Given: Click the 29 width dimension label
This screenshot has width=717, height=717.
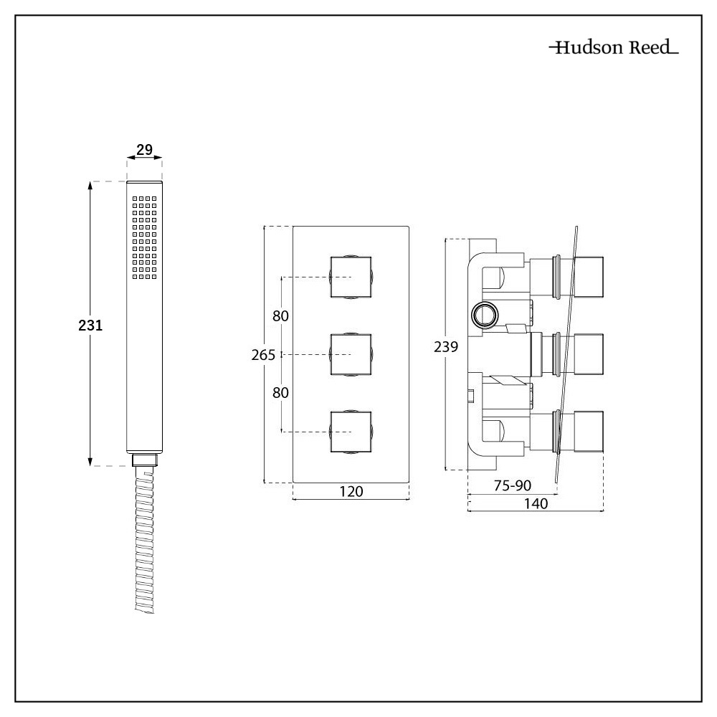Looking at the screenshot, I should click(x=144, y=150).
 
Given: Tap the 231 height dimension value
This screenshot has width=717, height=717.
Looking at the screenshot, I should click(x=91, y=325).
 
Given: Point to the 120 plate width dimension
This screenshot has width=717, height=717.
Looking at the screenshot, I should click(x=351, y=491).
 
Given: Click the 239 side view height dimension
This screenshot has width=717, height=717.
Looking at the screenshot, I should click(x=446, y=347).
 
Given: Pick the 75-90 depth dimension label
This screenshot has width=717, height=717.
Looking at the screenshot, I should click(x=511, y=485).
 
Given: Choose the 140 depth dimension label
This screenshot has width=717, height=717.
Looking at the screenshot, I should click(x=535, y=504).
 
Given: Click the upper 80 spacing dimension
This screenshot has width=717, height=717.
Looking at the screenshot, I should click(x=281, y=315).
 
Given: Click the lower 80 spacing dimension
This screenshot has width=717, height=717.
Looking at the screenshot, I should click(x=281, y=392).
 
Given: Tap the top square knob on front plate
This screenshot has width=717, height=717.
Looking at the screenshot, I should click(x=351, y=276).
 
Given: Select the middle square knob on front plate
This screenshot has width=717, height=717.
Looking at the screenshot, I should click(x=351, y=354).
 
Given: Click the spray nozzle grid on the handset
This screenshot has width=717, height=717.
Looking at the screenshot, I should click(x=144, y=237).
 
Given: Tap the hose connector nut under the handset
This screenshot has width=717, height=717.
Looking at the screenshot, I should click(x=145, y=460).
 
